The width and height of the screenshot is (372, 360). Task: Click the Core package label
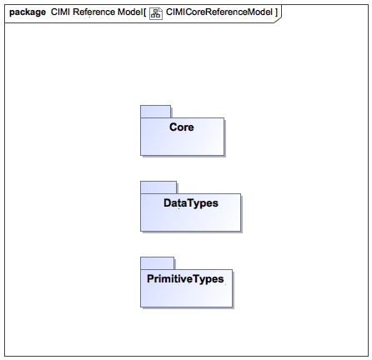tap(182, 127)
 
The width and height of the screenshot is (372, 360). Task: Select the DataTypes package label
tap(191, 203)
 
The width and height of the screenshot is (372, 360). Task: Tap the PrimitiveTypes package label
tap(185, 279)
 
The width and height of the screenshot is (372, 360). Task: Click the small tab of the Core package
tap(155, 112)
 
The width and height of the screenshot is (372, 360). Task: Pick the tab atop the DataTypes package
tap(158, 187)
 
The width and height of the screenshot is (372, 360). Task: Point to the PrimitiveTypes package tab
tap(158, 263)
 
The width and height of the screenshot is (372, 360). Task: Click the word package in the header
tap(28, 12)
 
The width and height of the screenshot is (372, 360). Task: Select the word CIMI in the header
tap(60, 12)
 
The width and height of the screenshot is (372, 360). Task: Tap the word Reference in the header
tap(93, 12)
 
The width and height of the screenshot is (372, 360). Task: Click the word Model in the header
tap(130, 12)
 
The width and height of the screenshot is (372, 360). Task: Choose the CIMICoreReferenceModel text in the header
tap(219, 12)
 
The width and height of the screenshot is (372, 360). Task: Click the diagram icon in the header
tap(156, 13)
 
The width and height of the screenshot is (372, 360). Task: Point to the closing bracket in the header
tap(276, 12)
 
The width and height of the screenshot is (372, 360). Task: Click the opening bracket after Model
tap(145, 12)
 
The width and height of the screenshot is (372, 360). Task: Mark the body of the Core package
tap(182, 142)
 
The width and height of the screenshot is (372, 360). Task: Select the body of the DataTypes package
tap(190, 217)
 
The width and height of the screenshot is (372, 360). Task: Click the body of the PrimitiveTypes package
tap(186, 293)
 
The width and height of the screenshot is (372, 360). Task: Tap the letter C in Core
tap(173, 127)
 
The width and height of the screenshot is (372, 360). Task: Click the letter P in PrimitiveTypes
tap(150, 278)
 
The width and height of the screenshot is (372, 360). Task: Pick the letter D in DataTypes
tap(168, 202)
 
